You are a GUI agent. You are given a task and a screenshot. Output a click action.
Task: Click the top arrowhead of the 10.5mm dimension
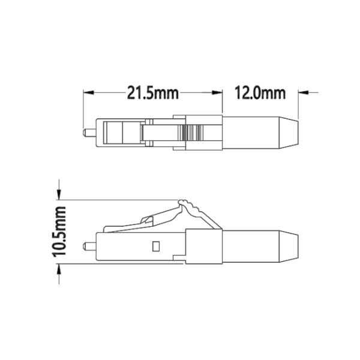click(x=60, y=193)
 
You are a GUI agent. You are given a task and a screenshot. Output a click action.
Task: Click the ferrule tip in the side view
click(x=88, y=245)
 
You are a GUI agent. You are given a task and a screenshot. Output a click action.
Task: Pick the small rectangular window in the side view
click(x=155, y=245)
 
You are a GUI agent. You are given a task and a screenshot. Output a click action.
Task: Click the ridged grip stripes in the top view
click(x=194, y=131)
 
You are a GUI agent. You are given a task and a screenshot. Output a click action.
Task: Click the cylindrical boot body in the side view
click(x=252, y=245)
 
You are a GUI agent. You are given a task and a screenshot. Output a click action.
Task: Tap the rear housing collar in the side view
click(x=204, y=245)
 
